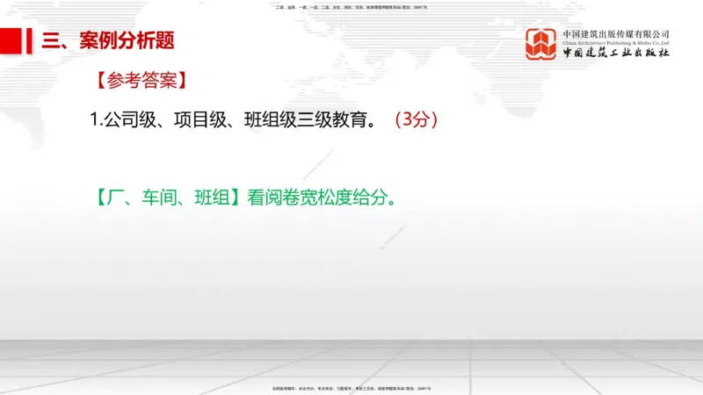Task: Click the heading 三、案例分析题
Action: (109, 40)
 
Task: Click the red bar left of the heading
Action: (11, 40)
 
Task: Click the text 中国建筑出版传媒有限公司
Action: (616, 34)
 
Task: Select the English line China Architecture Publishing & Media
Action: (616, 43)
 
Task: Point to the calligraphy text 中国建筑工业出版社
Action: (616, 53)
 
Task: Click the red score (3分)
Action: (416, 119)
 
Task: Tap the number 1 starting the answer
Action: (94, 119)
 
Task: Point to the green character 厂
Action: (117, 195)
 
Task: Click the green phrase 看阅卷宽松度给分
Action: (318, 195)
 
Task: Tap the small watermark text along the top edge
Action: (351, 7)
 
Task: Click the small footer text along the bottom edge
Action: (351, 387)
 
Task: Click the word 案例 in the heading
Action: (97, 40)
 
